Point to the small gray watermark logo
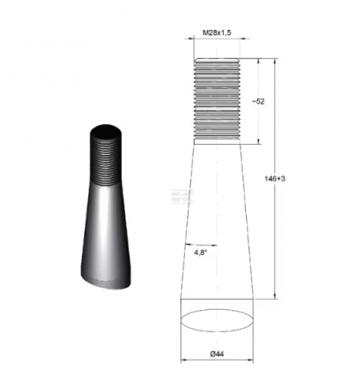pos(178,195)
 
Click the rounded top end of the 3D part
pos(107,131)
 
